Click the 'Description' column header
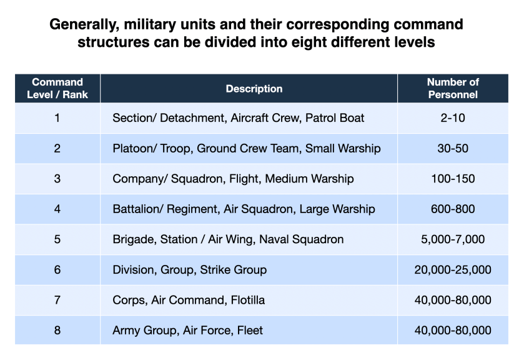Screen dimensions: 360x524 pyautogui.click(x=254, y=89)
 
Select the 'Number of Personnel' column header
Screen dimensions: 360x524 pyautogui.click(x=453, y=89)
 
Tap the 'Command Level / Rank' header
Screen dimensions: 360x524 pyautogui.click(x=57, y=89)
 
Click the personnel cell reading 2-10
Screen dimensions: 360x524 pyautogui.click(x=453, y=117)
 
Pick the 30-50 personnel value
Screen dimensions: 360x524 pyautogui.click(x=453, y=148)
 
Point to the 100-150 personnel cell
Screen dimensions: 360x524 pyautogui.click(x=453, y=179)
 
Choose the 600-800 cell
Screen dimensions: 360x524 pyautogui.click(x=453, y=209)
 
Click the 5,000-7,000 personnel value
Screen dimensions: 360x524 pyautogui.click(x=453, y=239)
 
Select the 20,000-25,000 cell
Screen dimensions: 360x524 pyautogui.click(x=453, y=270)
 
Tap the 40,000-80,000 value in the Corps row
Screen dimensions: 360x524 pyautogui.click(x=453, y=300)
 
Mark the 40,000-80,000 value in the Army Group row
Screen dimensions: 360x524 pyautogui.click(x=453, y=330)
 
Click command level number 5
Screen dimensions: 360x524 pyautogui.click(x=57, y=239)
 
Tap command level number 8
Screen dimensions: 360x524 pyautogui.click(x=57, y=330)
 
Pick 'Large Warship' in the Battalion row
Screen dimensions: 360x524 pyautogui.click(x=337, y=209)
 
